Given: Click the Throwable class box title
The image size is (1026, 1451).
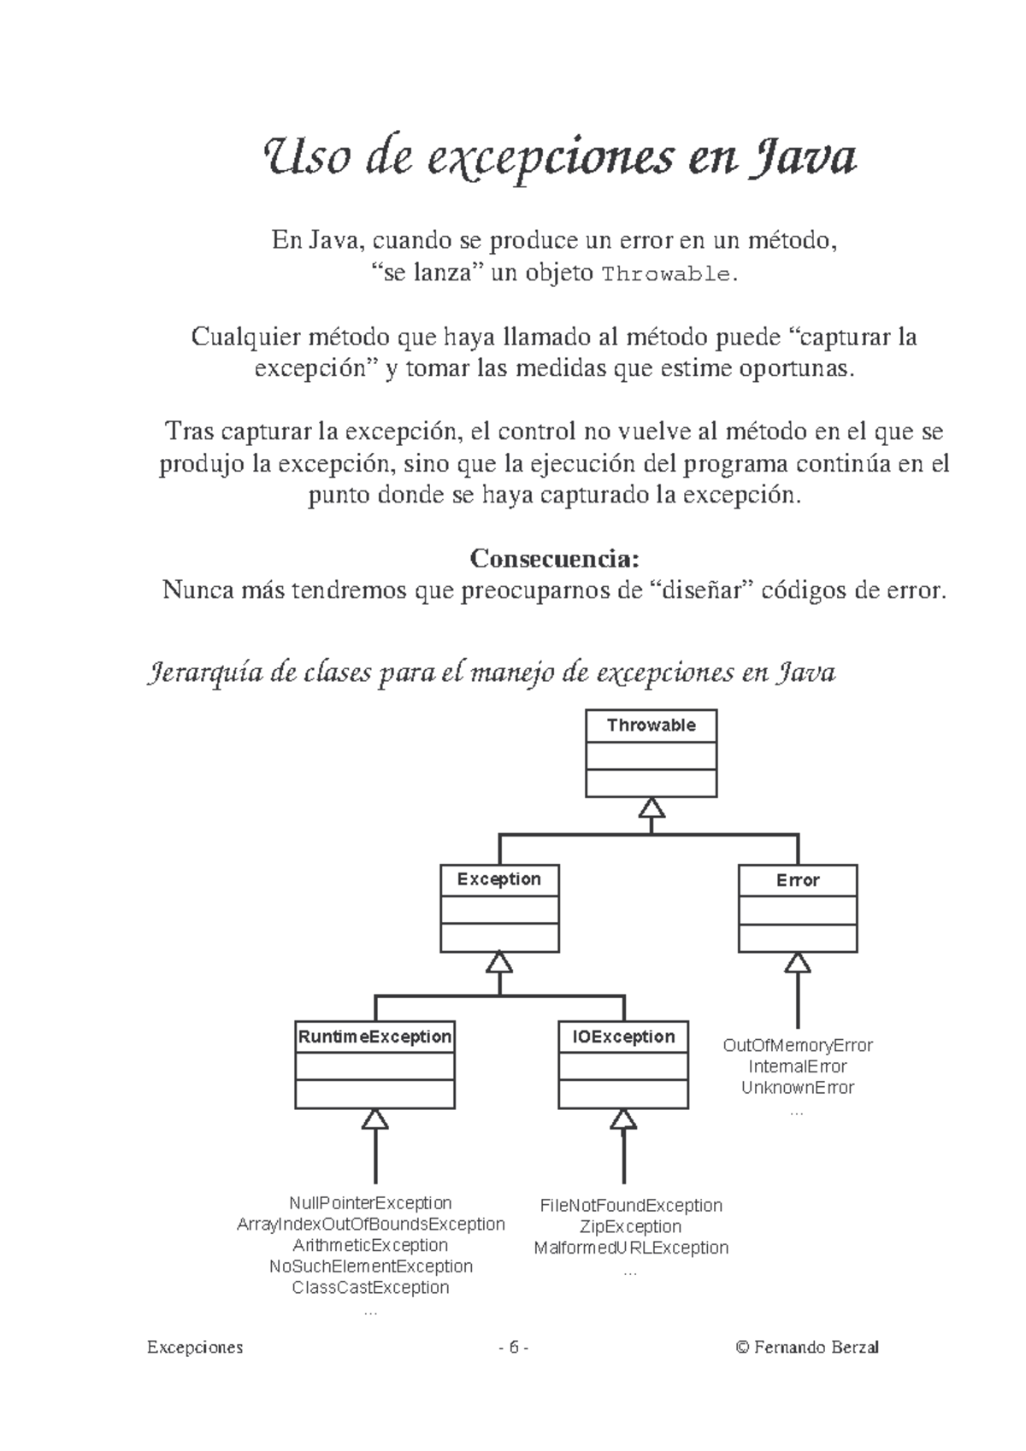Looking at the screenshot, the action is click(651, 725).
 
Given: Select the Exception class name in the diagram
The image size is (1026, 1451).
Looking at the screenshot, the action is click(498, 879).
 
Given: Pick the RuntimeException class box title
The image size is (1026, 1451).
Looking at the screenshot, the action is click(374, 1037).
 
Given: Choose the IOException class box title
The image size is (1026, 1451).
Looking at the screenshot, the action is click(622, 1037).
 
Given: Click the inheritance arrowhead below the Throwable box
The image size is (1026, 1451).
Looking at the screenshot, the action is click(651, 808).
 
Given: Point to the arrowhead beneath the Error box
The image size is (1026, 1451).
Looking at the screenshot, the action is click(797, 962).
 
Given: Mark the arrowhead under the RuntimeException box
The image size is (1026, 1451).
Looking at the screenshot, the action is click(374, 1119).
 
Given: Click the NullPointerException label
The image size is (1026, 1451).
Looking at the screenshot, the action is click(370, 1202).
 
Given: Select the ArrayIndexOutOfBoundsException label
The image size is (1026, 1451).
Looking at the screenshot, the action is click(370, 1224).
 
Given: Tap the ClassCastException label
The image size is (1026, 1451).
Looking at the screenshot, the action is click(370, 1286).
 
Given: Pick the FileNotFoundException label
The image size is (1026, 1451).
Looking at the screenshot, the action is click(631, 1205).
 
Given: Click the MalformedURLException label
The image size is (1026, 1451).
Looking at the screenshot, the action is click(631, 1247).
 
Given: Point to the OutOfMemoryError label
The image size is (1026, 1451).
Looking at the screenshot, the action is click(797, 1045).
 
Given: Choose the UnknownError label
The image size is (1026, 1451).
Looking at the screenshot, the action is click(797, 1087).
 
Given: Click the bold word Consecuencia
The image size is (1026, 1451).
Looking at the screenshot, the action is click(555, 558).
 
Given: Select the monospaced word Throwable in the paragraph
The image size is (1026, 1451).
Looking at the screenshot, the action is click(666, 274).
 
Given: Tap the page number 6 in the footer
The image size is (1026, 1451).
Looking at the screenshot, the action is click(513, 1348).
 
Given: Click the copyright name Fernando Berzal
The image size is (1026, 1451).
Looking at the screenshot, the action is click(816, 1348).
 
